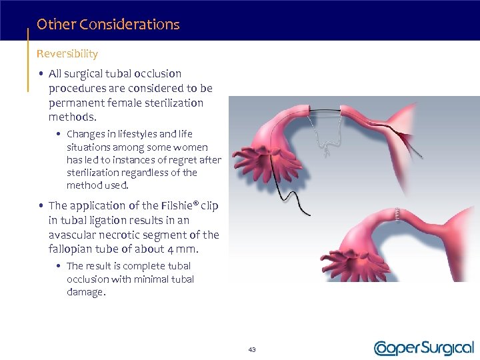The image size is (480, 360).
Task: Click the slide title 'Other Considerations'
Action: point(108,25)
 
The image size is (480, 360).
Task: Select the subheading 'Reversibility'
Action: point(67,53)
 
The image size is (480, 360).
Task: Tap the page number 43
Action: point(252,349)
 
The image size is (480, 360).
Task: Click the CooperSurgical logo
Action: point(423,348)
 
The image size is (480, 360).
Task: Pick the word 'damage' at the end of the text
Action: point(85,292)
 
